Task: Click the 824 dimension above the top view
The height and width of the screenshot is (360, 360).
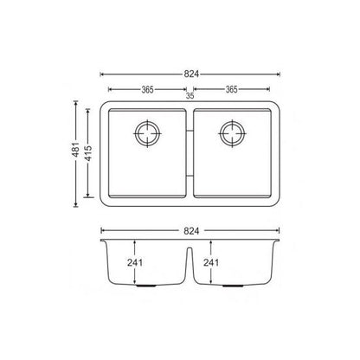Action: click(190, 74)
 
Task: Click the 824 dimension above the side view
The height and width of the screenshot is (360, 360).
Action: click(190, 231)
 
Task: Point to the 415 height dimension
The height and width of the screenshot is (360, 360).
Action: click(89, 155)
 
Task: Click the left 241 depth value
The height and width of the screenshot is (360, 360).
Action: click(134, 264)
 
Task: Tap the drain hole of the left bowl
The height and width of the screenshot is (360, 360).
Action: click(148, 134)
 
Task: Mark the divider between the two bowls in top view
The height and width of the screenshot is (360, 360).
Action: click(190, 156)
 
